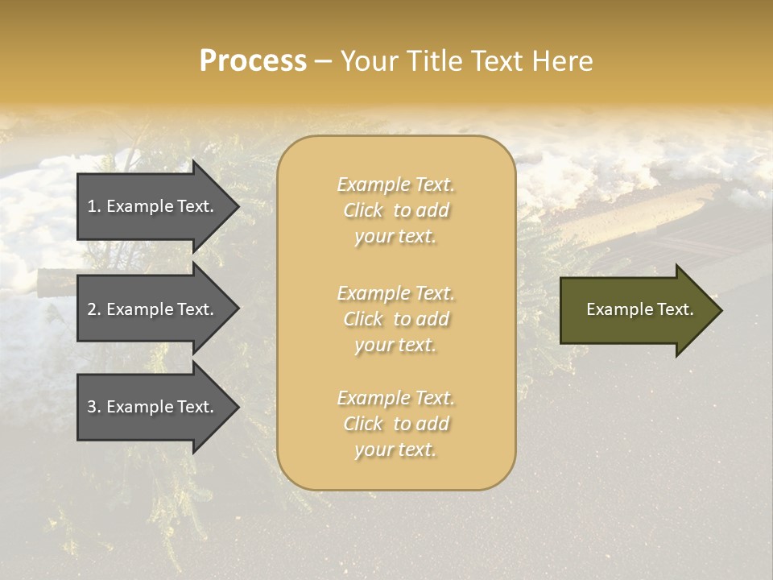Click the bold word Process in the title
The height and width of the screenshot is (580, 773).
click(x=253, y=61)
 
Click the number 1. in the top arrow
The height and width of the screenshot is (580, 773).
click(x=94, y=206)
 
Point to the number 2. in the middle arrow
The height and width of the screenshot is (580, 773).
click(x=94, y=309)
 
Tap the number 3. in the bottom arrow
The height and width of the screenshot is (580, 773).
click(x=94, y=407)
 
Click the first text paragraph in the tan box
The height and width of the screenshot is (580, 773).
click(x=395, y=210)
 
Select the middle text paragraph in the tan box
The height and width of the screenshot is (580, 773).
click(x=395, y=319)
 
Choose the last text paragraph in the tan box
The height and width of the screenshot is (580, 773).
click(x=395, y=424)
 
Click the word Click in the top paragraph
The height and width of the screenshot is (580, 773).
click(x=363, y=210)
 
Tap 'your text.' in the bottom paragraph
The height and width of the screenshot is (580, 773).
click(x=395, y=450)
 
